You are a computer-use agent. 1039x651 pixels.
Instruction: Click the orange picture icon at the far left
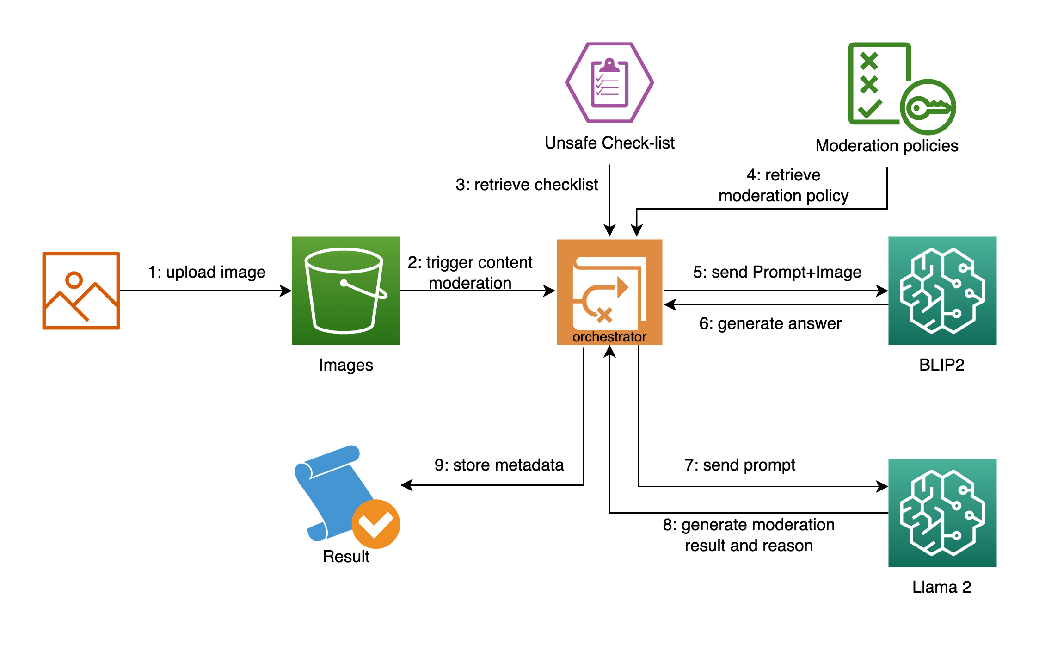pos(81,291)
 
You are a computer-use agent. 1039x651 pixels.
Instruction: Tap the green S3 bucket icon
pos(345,291)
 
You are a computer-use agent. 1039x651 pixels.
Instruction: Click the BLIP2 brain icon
pos(942,291)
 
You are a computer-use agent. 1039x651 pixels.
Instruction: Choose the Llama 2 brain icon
pos(942,513)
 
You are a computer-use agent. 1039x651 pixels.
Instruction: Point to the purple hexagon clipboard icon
pos(609,82)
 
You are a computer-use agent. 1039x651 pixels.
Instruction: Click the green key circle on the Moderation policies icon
pos(928,107)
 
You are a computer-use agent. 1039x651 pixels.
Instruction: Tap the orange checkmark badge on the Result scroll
pos(375,524)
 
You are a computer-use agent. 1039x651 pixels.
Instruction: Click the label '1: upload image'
pos(207,272)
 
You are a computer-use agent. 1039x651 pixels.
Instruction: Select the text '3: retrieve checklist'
pos(527,185)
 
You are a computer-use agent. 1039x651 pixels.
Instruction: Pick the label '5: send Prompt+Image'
pos(777,272)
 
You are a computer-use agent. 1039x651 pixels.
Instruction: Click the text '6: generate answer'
pos(770,323)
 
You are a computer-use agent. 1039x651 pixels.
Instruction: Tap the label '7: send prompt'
pos(740,465)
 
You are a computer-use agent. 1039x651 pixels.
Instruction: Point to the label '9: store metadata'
pos(499,465)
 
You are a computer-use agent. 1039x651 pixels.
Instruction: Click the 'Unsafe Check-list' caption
pos(609,143)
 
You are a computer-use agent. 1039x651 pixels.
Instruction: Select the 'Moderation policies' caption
pos(886,146)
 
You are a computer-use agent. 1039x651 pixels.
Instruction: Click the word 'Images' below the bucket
pos(346,365)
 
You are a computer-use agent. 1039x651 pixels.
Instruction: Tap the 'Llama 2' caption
pos(941,587)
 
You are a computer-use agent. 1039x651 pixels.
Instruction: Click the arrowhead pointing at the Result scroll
pos(406,485)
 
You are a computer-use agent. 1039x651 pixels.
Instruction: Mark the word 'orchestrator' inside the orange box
pos(609,337)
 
